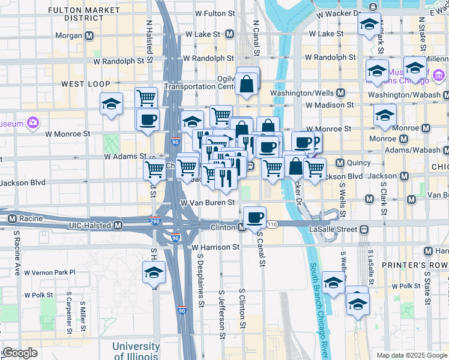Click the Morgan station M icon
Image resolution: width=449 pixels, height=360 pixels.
pyautogui.click(x=89, y=35)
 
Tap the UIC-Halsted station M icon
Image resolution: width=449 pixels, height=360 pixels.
pyautogui.click(x=118, y=226)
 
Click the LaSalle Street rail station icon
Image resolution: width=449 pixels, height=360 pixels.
pyautogui.click(x=364, y=229)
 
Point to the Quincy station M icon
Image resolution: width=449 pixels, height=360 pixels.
pyautogui.click(x=339, y=162)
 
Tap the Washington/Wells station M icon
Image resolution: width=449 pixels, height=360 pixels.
pyautogui.click(x=340, y=93)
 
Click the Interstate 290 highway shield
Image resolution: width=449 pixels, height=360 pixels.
pyautogui.click(x=155, y=221)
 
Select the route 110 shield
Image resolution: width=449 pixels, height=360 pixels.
pyautogui.click(x=272, y=224)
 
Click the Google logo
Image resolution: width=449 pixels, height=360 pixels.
pyautogui.click(x=19, y=353)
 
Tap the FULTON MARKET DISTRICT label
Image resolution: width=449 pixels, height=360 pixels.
pyautogui.click(x=72, y=14)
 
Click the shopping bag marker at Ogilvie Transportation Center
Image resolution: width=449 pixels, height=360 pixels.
pyautogui.click(x=247, y=85)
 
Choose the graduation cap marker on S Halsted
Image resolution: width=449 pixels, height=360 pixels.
pyautogui.click(x=154, y=272)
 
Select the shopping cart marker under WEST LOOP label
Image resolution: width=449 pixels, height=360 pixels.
pyautogui.click(x=146, y=97)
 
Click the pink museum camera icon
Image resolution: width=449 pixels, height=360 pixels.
pyautogui.click(x=32, y=124)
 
